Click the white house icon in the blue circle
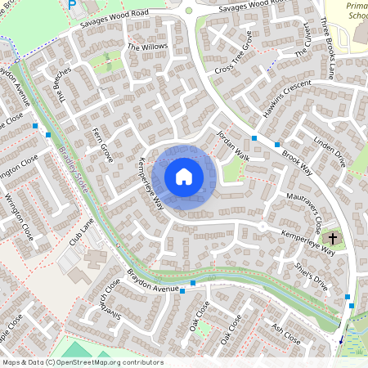(x=184, y=176)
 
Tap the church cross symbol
(x=332, y=238)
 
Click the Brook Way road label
(x=297, y=153)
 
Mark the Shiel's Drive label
(x=310, y=276)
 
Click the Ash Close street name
(x=286, y=333)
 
